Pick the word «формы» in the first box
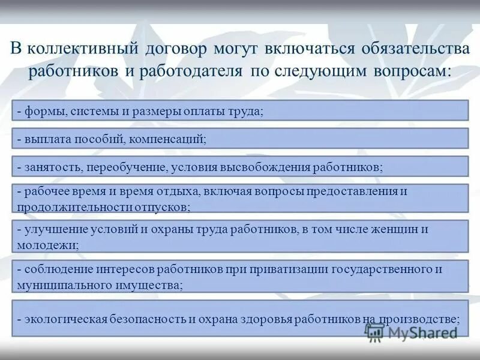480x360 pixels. [x=43, y=111]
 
